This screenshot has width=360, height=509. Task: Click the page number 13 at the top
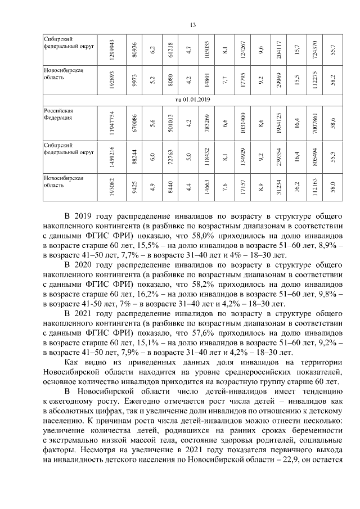(x=191, y=24)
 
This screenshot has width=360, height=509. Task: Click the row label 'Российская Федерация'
(x=58, y=115)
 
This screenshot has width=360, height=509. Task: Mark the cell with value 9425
(x=134, y=186)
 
